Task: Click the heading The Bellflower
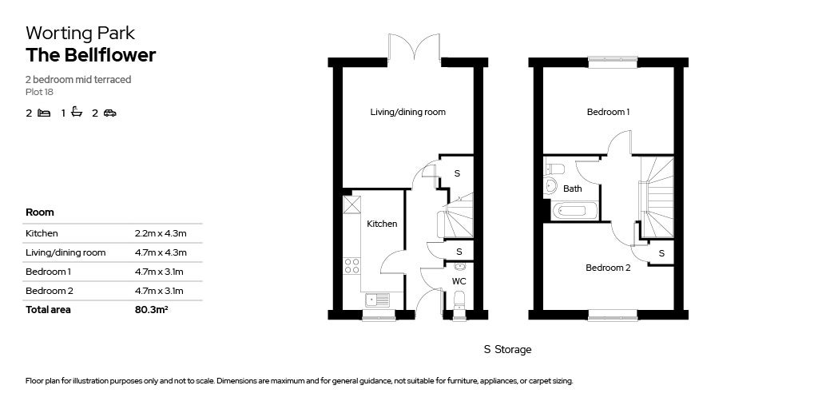[x=90, y=55]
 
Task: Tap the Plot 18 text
[x=39, y=92]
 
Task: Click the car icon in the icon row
[x=109, y=113]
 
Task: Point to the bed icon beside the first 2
[x=44, y=113]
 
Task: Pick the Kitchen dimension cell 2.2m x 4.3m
[x=161, y=233]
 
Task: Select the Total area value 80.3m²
[x=151, y=310]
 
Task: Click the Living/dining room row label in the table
[x=66, y=252]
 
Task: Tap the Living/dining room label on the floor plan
[x=407, y=112]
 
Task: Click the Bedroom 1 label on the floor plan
[x=608, y=112]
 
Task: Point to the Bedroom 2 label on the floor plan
[x=608, y=268]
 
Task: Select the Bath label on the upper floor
[x=573, y=189]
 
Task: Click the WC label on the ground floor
[x=459, y=282]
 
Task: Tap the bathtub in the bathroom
[x=574, y=211]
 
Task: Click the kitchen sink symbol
[x=378, y=300]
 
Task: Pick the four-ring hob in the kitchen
[x=351, y=266]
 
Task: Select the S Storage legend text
[x=507, y=350]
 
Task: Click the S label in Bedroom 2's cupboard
[x=661, y=252]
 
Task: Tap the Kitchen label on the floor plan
[x=382, y=224]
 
